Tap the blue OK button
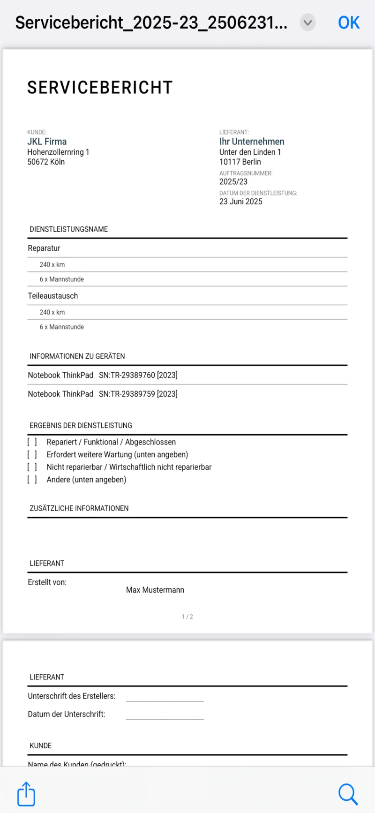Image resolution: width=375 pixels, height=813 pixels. tap(349, 23)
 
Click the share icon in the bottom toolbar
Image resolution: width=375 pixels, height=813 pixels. tap(26, 794)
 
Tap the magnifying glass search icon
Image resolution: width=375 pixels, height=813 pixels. tap(348, 794)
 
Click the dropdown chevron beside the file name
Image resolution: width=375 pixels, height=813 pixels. tap(307, 23)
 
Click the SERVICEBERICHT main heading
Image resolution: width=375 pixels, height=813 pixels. tap(100, 88)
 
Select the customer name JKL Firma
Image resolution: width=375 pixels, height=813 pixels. tap(47, 142)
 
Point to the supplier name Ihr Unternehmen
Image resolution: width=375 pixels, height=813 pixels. tap(252, 142)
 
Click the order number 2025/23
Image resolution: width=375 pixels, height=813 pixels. tap(233, 182)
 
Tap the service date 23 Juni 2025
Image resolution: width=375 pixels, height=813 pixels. tap(241, 202)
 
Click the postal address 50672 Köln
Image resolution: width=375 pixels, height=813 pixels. tap(46, 162)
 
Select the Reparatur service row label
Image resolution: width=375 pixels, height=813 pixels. tap(44, 248)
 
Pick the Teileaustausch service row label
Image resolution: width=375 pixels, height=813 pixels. tap(53, 296)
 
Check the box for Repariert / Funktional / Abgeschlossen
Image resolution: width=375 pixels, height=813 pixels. tap(32, 442)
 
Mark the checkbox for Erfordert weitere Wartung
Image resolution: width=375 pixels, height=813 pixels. tap(32, 455)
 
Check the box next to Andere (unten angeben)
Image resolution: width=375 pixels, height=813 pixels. tap(32, 480)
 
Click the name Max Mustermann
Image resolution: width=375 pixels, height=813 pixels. tap(155, 590)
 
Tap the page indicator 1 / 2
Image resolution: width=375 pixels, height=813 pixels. tap(187, 617)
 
